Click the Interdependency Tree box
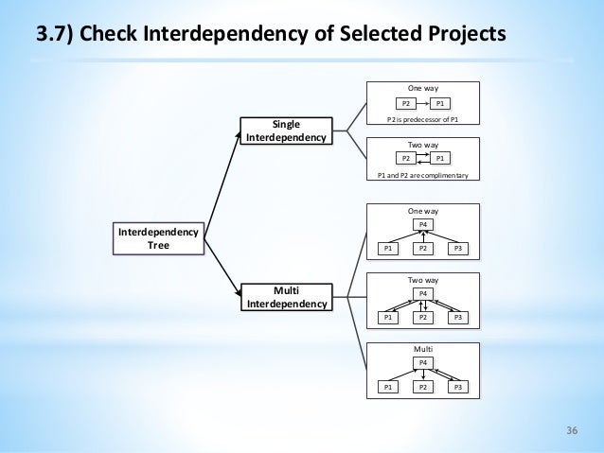158,238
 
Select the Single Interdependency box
287,131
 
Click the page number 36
572,432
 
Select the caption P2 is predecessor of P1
422,120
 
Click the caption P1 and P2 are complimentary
422,176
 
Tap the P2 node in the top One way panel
406,103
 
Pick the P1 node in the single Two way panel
441,159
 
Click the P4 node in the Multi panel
423,362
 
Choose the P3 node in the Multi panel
459,388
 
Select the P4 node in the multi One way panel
423,223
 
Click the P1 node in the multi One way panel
388,249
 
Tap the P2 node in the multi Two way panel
423,319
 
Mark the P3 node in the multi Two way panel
459,319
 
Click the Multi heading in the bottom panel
423,350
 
